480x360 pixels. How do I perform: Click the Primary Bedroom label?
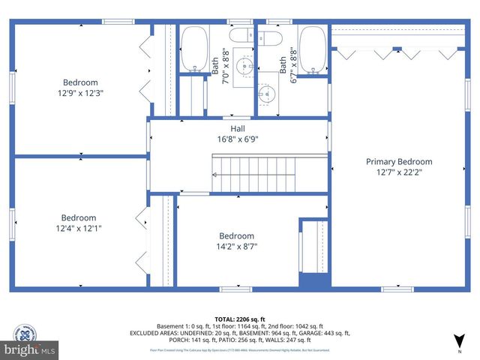tap(399, 161)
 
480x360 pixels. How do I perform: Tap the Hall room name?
tap(238, 128)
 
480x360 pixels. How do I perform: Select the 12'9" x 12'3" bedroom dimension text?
tap(80, 93)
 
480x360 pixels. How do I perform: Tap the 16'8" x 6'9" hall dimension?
tap(238, 139)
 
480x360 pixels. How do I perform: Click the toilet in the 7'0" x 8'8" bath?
tap(242, 37)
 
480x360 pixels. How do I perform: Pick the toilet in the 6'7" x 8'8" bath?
tap(269, 37)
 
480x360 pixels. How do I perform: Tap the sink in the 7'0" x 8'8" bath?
tap(242, 67)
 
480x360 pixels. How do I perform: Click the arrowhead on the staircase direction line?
tap(214, 174)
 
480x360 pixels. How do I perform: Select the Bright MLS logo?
tap(30, 350)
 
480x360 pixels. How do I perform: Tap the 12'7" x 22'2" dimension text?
tap(399, 172)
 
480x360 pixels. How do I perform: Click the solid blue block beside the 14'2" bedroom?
tap(314, 280)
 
